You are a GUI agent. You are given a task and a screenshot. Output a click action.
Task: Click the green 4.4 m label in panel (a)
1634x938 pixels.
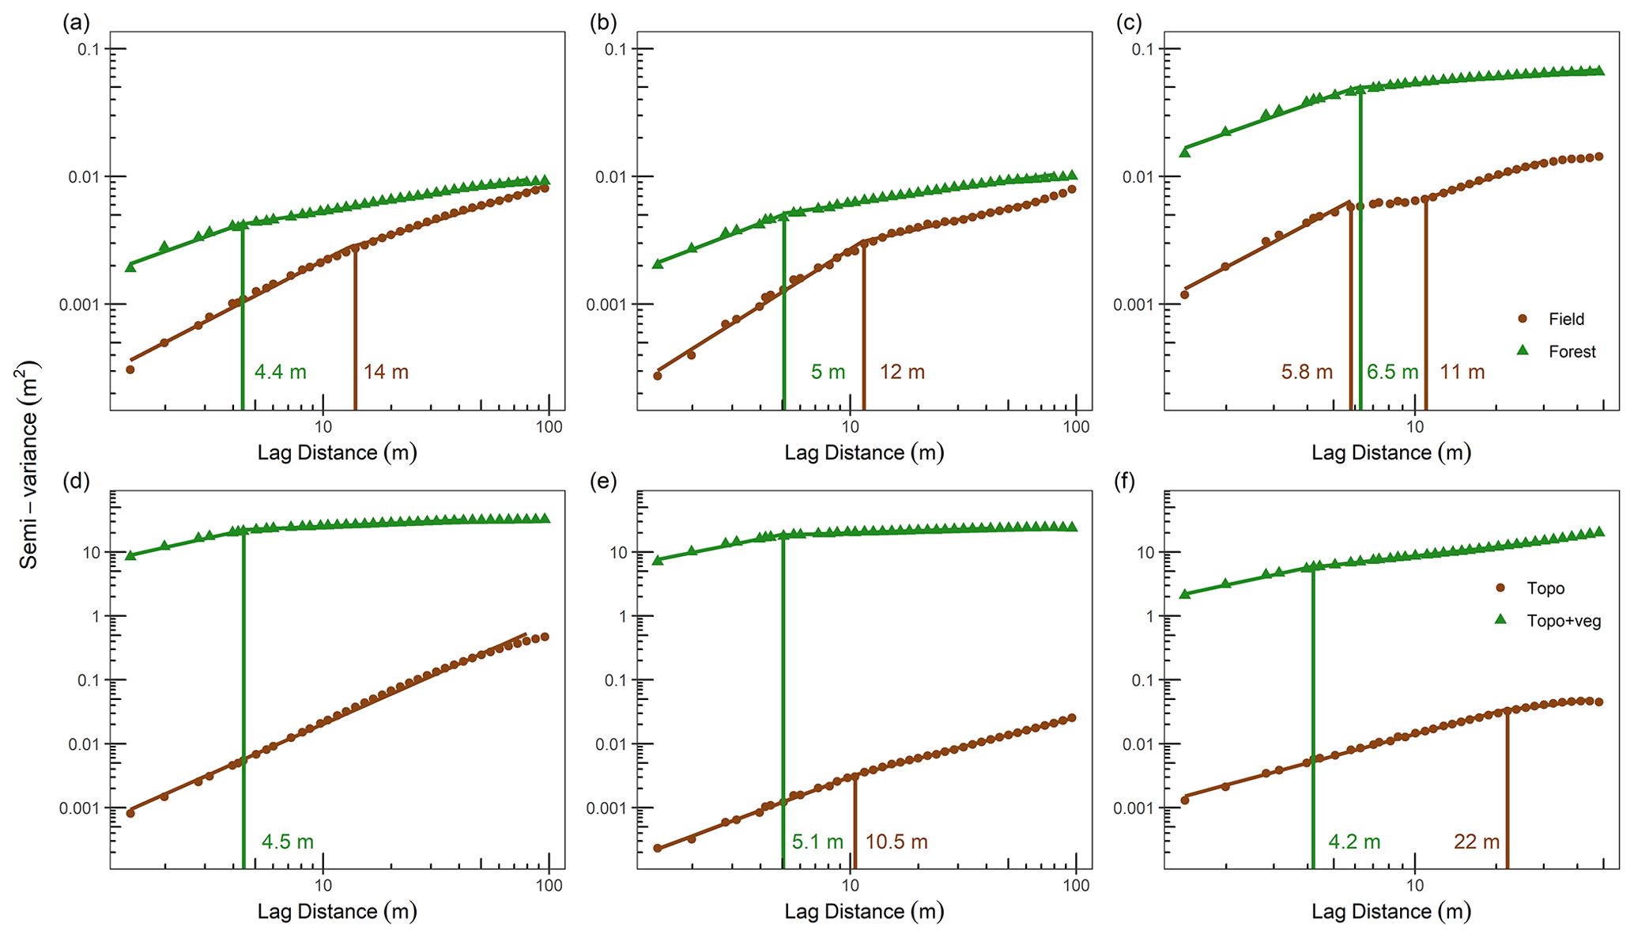click(x=280, y=372)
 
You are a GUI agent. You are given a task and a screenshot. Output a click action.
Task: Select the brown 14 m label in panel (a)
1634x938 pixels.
click(x=386, y=372)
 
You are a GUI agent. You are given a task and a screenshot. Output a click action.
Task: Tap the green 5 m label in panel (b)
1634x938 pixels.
click(x=828, y=372)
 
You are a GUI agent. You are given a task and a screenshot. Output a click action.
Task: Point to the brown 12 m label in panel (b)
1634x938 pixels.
click(x=902, y=372)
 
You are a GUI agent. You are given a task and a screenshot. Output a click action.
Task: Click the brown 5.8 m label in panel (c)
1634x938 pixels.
click(x=1307, y=372)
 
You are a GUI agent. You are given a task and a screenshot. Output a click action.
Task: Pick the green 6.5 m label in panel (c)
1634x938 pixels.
click(x=1392, y=372)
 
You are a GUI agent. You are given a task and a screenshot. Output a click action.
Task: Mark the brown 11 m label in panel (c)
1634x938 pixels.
click(x=1462, y=372)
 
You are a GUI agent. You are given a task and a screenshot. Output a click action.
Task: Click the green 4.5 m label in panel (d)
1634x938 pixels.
click(x=288, y=842)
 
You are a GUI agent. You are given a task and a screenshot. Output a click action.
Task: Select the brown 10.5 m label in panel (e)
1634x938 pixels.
click(x=896, y=842)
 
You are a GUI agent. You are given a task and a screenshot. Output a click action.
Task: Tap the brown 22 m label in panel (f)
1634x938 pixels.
click(x=1477, y=842)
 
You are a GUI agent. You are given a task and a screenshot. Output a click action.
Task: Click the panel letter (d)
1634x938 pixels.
click(x=76, y=482)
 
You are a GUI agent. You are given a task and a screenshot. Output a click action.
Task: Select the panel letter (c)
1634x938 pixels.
click(x=1129, y=23)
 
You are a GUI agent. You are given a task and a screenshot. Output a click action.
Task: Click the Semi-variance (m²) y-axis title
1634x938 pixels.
click(x=29, y=465)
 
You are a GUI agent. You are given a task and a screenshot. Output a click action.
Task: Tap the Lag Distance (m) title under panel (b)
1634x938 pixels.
click(x=864, y=452)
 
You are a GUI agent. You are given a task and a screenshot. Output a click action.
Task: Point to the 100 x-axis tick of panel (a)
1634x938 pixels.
click(x=549, y=427)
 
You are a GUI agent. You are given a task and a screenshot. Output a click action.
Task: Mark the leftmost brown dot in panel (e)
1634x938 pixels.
click(x=658, y=848)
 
